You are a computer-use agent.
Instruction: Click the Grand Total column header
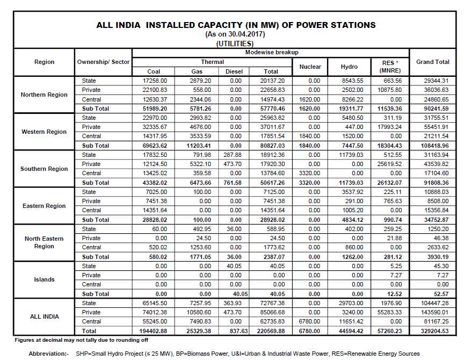[432, 62]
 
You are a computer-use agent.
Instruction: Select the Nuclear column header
[310, 67]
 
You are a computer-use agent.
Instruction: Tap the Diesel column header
[234, 71]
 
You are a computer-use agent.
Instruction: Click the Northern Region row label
[44, 95]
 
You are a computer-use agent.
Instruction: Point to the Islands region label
[44, 279]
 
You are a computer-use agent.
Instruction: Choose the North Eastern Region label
[44, 242]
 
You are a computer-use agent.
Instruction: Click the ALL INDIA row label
[45, 316]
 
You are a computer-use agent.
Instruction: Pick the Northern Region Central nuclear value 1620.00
[309, 99]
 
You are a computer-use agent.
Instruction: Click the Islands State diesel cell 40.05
[234, 266]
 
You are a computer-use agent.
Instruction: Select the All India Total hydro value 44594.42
[351, 331]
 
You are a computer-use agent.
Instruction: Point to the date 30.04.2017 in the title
[245, 34]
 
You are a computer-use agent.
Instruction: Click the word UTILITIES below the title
[235, 44]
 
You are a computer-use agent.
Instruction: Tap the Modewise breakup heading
[272, 52]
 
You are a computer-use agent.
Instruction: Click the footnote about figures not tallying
[82, 340]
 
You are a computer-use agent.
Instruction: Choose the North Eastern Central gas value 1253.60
[200, 247]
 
